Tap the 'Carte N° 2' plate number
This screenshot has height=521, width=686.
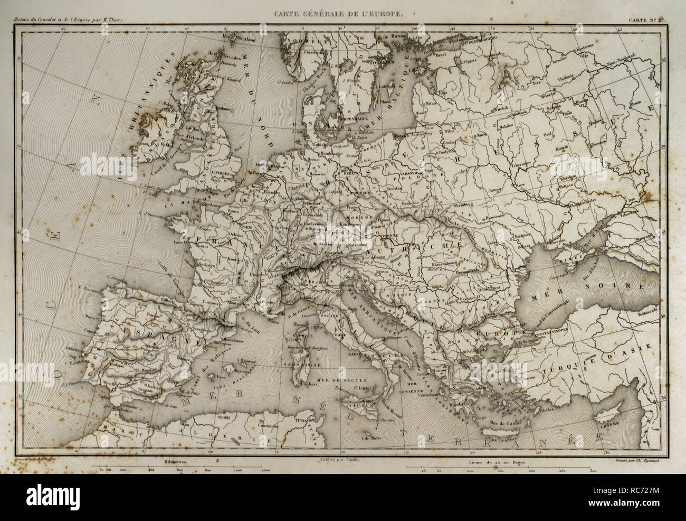[x=646, y=21]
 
